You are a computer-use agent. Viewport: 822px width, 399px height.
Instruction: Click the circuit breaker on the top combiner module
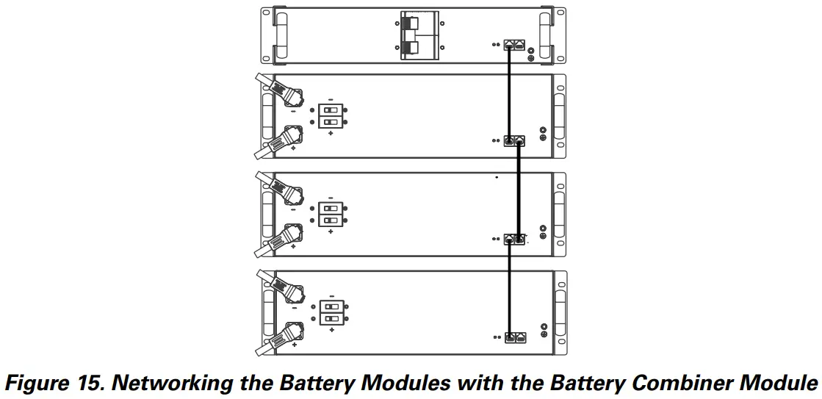tap(419, 35)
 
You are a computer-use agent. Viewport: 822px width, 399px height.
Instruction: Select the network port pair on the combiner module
tap(513, 44)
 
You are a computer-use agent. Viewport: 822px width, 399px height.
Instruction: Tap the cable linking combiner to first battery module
tap(509, 92)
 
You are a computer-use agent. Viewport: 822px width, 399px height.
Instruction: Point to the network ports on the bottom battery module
tap(514, 337)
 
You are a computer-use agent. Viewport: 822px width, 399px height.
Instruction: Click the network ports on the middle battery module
tap(514, 240)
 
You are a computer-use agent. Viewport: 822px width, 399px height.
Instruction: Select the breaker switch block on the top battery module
tap(331, 116)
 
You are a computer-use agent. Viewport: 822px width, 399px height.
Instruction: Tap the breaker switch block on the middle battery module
tap(331, 214)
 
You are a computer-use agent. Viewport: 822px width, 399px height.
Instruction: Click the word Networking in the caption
tap(187, 383)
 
